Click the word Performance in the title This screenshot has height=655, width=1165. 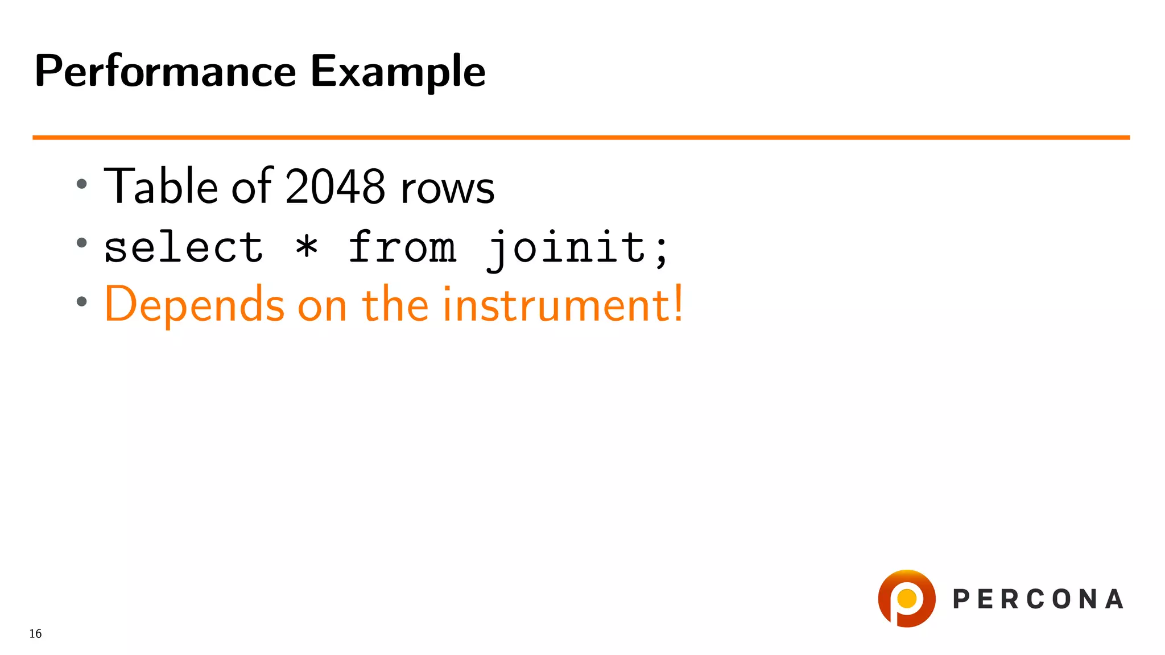(165, 72)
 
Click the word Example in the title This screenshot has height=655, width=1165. (398, 72)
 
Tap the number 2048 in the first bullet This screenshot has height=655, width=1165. (335, 186)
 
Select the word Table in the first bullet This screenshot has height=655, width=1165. (161, 186)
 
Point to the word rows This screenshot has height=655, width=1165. (447, 189)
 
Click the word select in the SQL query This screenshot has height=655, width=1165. (183, 248)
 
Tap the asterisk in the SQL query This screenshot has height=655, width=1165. (307, 247)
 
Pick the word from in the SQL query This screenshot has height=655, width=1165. (402, 248)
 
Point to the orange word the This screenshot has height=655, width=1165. (395, 305)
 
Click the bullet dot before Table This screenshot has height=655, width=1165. (82, 184)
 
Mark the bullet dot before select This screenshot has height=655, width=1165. (82, 243)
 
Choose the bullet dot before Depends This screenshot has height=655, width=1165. (82, 301)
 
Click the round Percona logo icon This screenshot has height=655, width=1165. (907, 599)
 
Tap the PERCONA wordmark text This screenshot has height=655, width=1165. (1038, 599)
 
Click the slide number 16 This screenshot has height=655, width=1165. (35, 633)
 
